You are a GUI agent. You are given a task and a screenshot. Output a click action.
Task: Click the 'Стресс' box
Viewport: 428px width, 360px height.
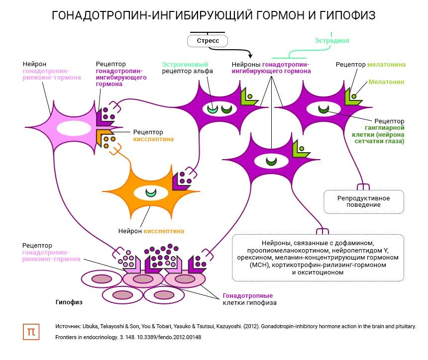(208, 41)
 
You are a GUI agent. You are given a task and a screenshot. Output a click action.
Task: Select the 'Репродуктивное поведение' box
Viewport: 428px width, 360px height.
(363, 201)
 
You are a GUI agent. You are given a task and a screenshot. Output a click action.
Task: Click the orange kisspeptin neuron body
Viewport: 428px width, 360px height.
(149, 191)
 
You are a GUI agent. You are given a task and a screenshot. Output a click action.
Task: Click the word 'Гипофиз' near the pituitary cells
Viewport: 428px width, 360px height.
(69, 302)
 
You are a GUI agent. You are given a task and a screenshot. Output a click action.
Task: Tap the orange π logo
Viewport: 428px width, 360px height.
(31, 332)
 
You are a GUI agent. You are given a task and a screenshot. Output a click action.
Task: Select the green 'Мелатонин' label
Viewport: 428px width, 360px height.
(386, 82)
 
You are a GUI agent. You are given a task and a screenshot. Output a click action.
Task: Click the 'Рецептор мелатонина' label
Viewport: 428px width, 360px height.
(370, 65)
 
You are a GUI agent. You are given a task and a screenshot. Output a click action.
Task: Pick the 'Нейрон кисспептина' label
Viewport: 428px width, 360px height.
(151, 231)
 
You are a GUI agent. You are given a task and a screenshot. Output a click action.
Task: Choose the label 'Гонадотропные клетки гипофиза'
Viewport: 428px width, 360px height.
(249, 299)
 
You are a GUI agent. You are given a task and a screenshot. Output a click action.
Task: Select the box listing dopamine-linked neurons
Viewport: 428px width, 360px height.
(318, 258)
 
